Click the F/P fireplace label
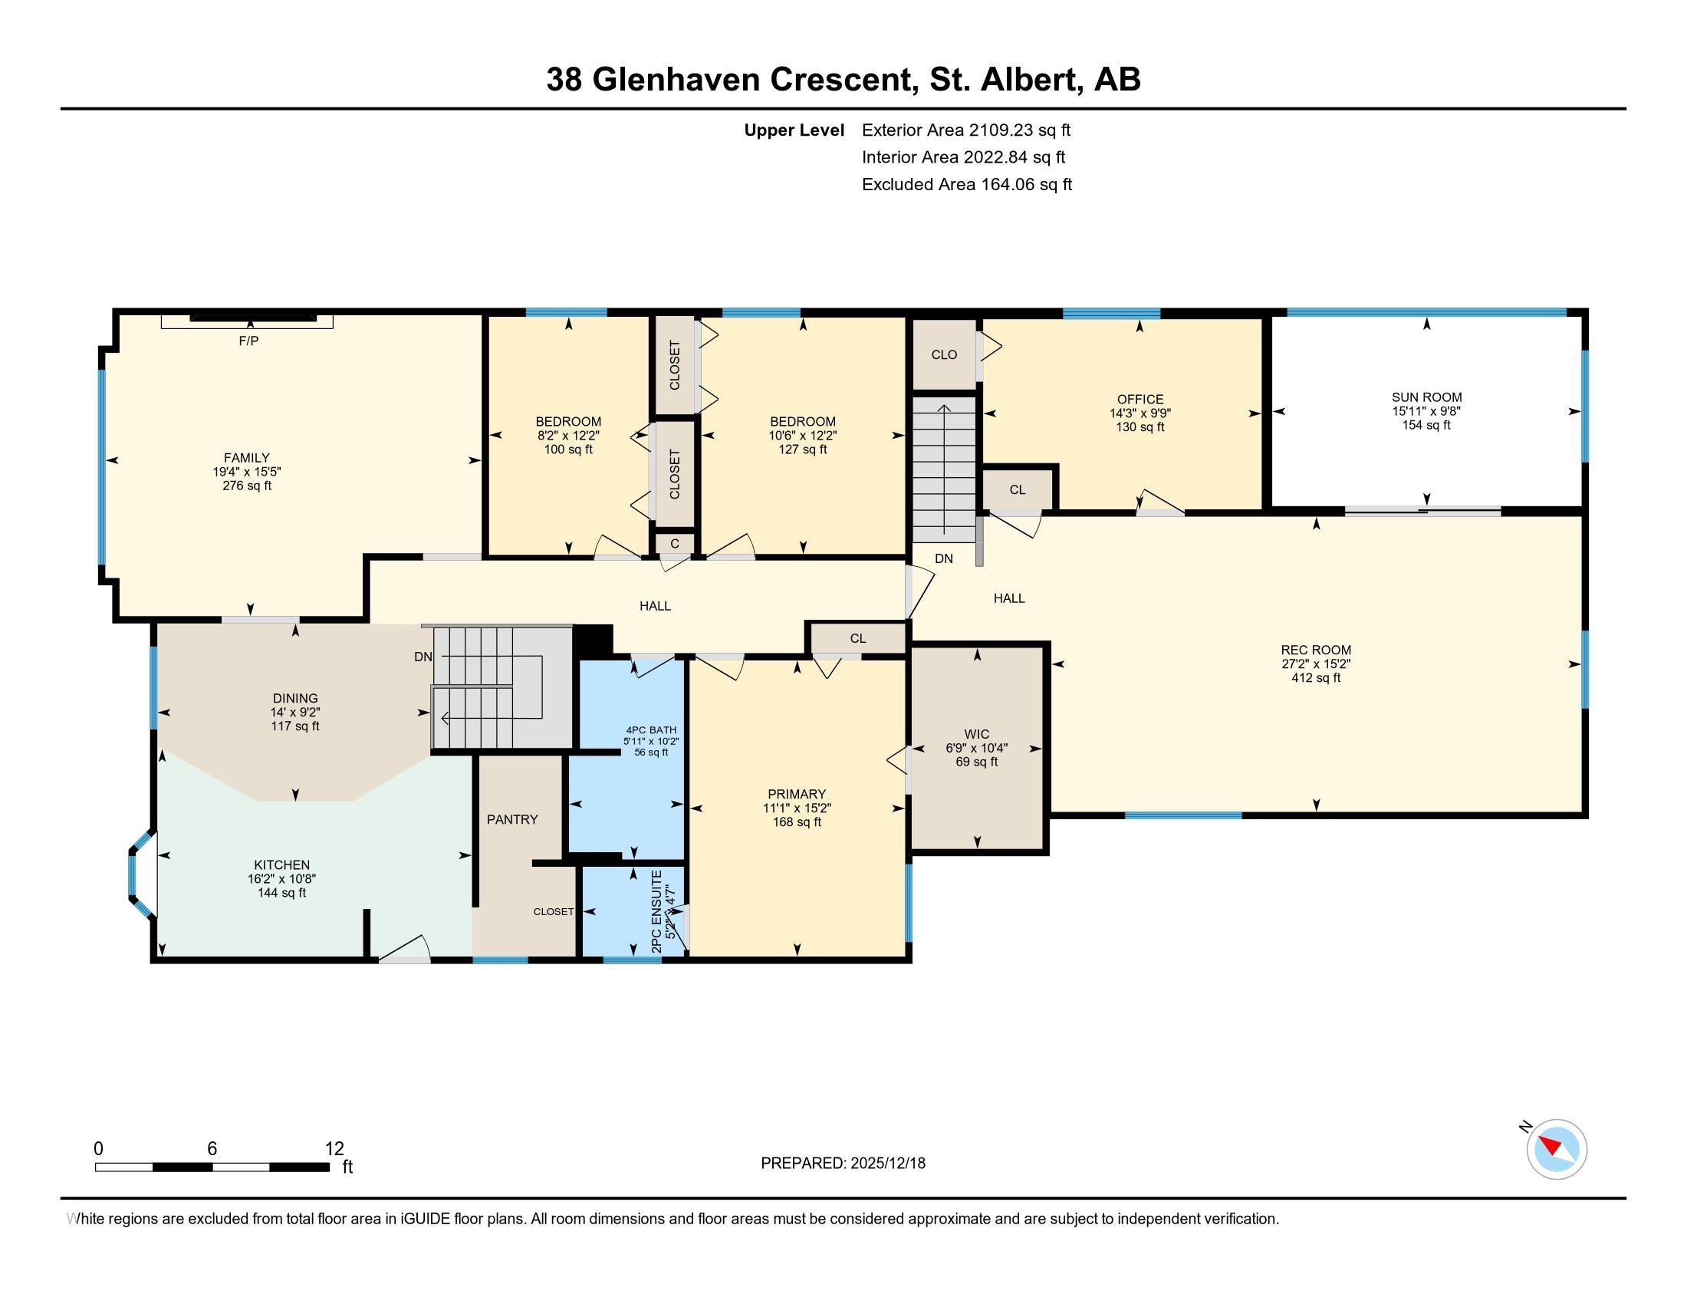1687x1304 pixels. (248, 341)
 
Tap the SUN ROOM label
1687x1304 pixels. (1426, 398)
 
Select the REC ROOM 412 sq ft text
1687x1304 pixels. (1315, 678)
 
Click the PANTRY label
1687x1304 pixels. (512, 820)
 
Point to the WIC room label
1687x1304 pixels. (976, 734)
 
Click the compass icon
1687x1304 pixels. (1557, 1150)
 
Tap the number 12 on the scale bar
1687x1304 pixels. (334, 1149)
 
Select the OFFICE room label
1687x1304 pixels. (1140, 400)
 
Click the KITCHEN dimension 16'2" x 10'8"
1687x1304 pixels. (282, 879)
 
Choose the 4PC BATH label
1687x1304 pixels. (651, 730)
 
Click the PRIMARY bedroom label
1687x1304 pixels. (797, 794)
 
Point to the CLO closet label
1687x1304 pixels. (944, 354)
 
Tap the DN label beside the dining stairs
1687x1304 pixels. (423, 657)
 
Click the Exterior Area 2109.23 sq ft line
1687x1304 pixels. (966, 130)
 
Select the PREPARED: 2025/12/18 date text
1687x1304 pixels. (843, 1164)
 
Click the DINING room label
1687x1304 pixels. (295, 698)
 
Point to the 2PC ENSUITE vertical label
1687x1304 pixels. (657, 910)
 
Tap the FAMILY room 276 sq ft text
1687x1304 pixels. (247, 486)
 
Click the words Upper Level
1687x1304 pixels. (794, 130)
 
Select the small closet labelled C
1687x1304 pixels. (674, 544)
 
